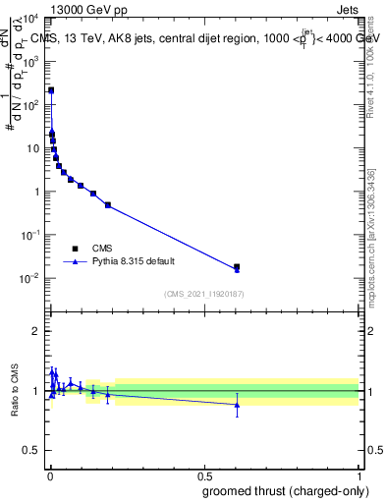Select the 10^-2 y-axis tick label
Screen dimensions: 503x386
(29, 278)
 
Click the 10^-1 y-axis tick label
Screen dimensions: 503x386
(29, 235)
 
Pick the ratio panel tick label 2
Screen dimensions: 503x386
(35, 331)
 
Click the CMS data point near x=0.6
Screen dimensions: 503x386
(237, 266)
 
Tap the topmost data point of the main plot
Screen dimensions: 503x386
(51, 90)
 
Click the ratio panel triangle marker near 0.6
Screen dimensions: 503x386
(237, 404)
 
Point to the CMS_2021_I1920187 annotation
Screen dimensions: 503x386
(202, 293)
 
